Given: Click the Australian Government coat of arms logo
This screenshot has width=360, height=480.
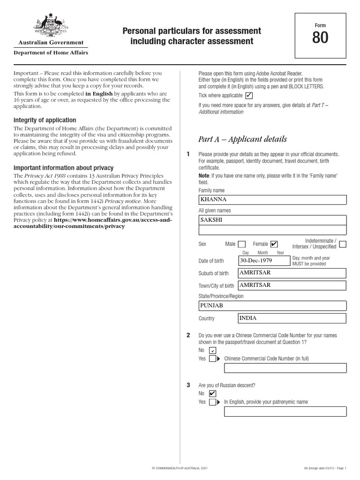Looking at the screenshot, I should tap(51, 25).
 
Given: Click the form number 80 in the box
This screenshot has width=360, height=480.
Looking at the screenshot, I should tap(320, 38).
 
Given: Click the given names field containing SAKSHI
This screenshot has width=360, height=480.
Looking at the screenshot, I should tap(272, 220).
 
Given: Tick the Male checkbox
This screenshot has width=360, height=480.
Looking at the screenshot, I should tap(242, 244).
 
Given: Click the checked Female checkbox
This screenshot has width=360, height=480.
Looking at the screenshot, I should tap(274, 244).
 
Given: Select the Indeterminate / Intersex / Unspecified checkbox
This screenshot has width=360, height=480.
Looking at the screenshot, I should tap(343, 244).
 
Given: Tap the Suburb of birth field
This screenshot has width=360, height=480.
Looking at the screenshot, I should tap(292, 273).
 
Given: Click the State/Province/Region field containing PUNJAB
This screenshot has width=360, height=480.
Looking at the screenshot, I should tap(272, 306).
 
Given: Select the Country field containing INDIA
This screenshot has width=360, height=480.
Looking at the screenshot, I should tap(292, 318).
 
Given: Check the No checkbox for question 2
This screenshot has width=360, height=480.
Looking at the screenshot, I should tap(212, 350).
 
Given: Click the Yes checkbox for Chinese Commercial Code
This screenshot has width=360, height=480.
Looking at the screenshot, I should tap(212, 359).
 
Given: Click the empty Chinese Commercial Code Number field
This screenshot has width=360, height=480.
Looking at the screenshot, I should tap(285, 368).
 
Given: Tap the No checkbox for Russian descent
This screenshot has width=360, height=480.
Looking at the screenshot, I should tap(212, 393).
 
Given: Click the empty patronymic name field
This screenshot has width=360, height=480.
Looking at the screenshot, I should tap(285, 412).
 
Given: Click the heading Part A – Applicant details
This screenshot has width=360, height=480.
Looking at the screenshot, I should tap(243, 139).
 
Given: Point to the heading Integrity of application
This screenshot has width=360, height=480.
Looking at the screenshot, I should tap(45, 120).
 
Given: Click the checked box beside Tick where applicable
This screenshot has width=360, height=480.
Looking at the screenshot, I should tap(249, 96).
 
